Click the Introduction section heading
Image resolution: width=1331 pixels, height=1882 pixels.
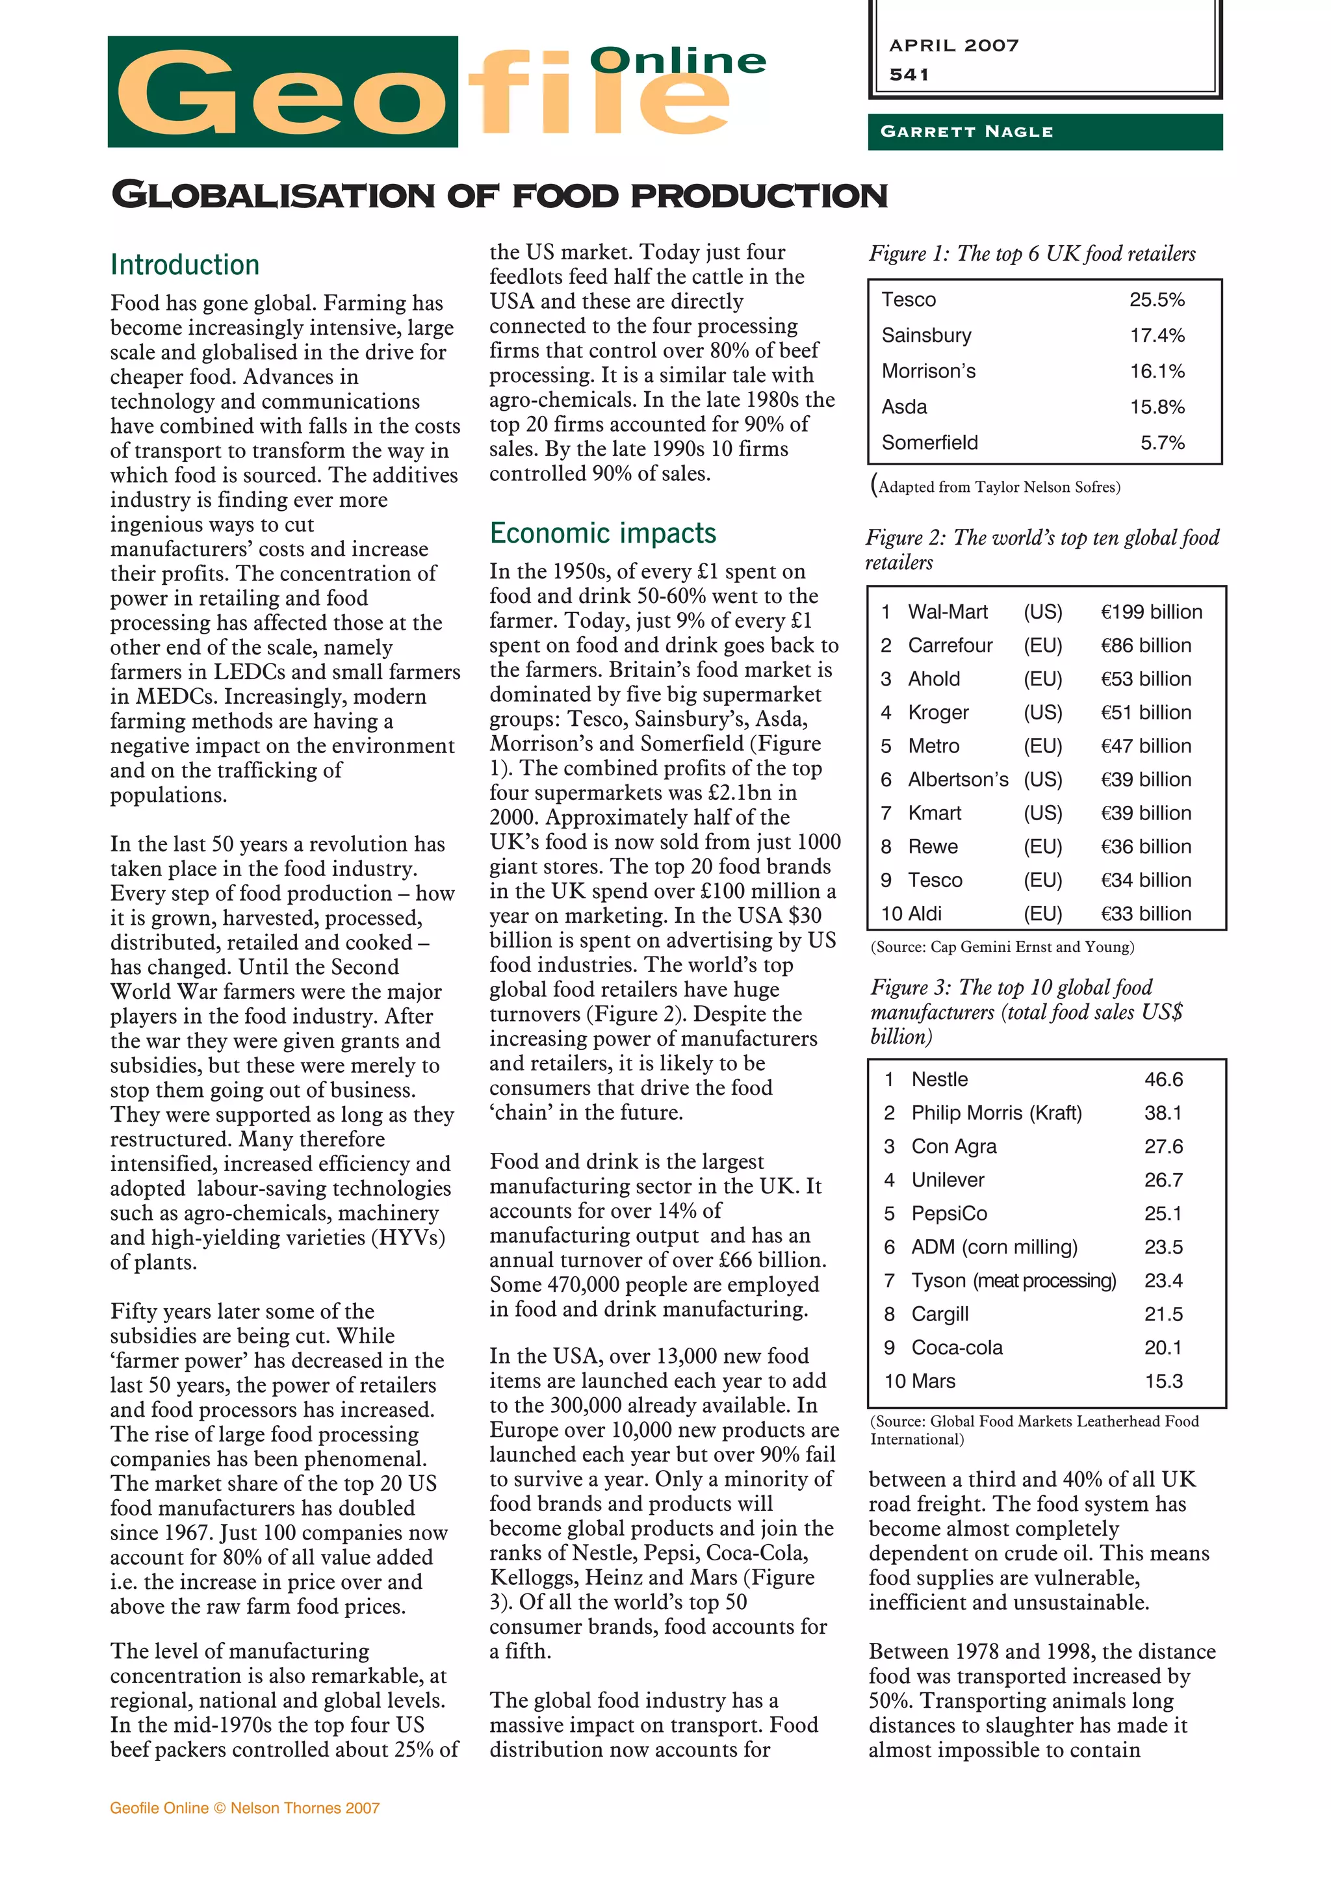coord(185,264)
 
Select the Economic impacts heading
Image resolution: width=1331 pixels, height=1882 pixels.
coord(602,533)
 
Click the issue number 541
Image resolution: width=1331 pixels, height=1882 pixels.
coord(909,75)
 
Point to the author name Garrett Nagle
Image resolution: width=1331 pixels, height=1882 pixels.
coord(966,132)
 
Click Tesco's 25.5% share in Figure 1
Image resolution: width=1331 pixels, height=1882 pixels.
coord(1156,300)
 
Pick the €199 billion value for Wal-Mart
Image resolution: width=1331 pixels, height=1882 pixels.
coord(1151,612)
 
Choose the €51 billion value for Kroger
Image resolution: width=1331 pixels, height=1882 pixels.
coord(1145,712)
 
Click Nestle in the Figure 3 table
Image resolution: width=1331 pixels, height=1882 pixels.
coord(939,1079)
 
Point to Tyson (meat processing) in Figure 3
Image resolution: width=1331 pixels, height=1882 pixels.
coord(1013,1280)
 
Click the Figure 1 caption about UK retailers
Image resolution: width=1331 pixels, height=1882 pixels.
coord(1032,253)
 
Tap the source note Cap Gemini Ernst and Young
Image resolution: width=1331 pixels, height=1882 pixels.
coord(1001,947)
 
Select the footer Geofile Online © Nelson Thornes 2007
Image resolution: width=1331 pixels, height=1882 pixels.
coord(244,1807)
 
